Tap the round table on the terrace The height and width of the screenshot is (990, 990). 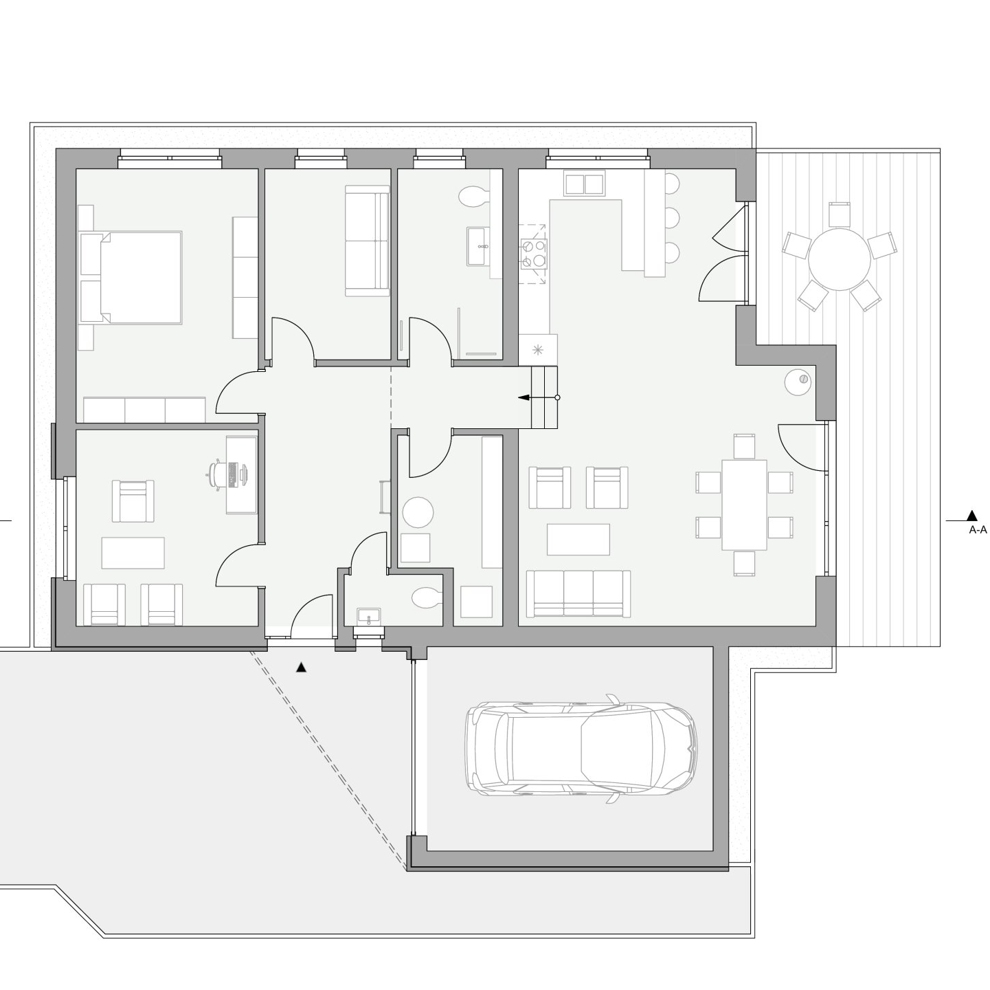click(x=839, y=259)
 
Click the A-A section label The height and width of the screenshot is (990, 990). click(x=978, y=529)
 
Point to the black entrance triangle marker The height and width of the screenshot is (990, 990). click(x=302, y=668)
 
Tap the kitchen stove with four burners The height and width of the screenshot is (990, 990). click(x=533, y=254)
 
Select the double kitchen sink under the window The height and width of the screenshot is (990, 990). click(x=583, y=185)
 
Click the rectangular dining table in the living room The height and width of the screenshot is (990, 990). click(x=744, y=505)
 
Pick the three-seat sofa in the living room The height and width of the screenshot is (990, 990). click(x=582, y=593)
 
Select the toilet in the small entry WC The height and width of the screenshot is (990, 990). click(x=427, y=597)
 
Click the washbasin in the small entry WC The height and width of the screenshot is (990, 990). click(x=368, y=616)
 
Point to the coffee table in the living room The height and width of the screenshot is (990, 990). click(x=578, y=540)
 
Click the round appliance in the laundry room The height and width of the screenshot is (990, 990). click(x=418, y=512)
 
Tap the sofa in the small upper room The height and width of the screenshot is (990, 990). click(x=367, y=241)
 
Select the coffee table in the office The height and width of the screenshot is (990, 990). click(x=133, y=553)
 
